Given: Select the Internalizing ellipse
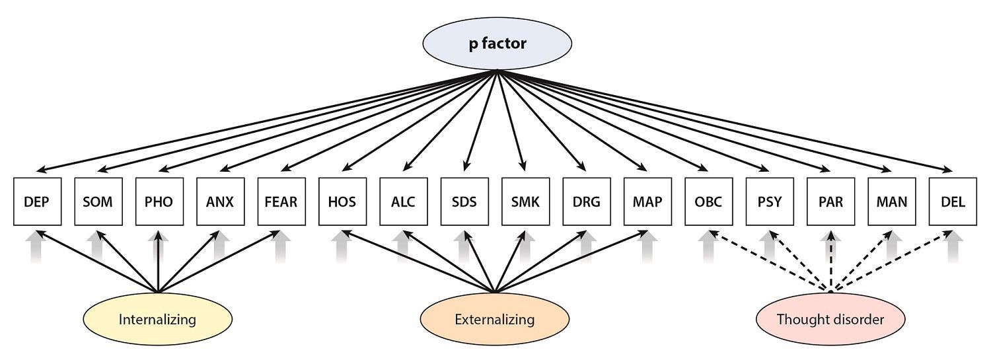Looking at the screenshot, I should (158, 320).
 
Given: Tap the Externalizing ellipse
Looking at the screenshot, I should (495, 320).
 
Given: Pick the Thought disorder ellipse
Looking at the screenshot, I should (830, 320).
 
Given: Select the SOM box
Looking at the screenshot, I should (98, 201).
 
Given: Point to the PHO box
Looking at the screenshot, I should (159, 201).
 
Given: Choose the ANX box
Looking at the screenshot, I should (220, 201).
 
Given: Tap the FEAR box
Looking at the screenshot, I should (281, 201).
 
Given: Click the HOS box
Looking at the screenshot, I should (342, 201).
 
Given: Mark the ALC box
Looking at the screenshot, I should (403, 201).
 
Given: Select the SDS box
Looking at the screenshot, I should (464, 201).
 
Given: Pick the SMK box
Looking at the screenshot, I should (525, 201).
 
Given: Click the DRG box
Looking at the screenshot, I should (586, 201).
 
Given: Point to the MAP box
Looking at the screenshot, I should (647, 201).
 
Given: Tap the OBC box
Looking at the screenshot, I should (708, 201).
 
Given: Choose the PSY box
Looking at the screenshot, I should (769, 201).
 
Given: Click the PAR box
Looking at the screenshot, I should (830, 201).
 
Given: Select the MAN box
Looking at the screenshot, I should (891, 201).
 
